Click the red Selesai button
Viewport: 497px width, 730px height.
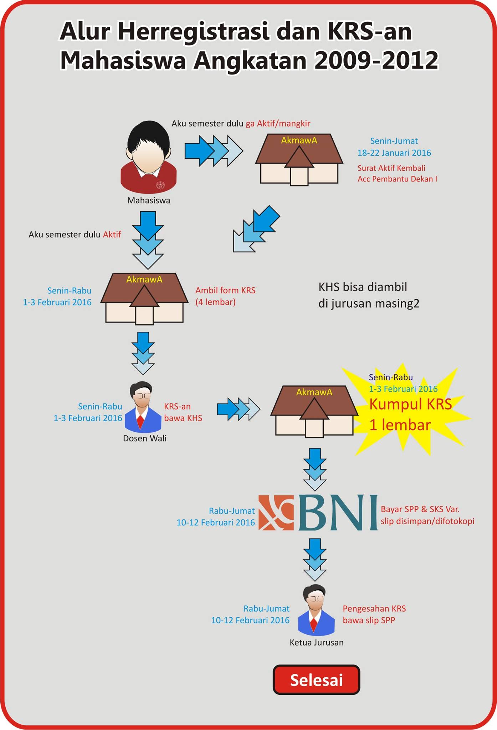(x=316, y=680)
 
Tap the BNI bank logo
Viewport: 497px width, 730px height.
(x=318, y=512)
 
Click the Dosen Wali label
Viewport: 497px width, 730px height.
(x=145, y=438)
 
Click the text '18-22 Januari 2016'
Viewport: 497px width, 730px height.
(x=394, y=153)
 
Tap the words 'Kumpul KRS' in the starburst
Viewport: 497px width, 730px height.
(x=410, y=404)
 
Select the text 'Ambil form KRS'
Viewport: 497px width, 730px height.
(x=225, y=291)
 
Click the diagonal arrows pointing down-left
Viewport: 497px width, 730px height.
(x=256, y=229)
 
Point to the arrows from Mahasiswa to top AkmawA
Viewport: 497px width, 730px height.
(x=214, y=151)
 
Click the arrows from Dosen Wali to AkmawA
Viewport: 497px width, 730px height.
(x=239, y=409)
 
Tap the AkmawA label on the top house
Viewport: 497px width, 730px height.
(x=299, y=140)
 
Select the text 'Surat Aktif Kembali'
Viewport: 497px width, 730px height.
(x=391, y=168)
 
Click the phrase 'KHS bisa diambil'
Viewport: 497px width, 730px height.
(x=363, y=287)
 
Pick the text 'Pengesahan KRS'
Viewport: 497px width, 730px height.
(x=374, y=608)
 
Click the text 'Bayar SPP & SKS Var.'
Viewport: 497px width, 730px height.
(x=420, y=509)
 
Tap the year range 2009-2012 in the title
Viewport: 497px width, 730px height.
(x=376, y=60)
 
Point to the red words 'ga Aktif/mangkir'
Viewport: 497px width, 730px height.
(x=278, y=124)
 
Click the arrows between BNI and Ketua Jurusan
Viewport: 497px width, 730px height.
(x=315, y=560)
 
